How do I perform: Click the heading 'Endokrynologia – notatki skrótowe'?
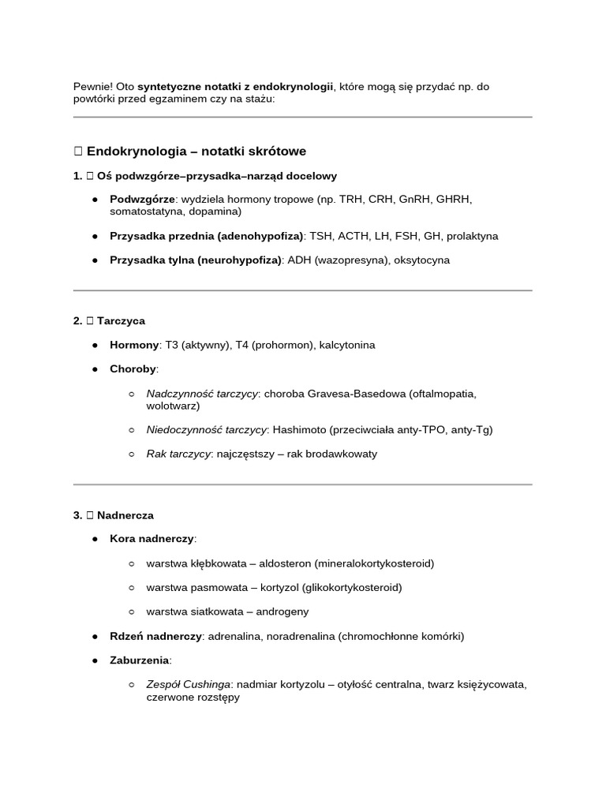(196, 151)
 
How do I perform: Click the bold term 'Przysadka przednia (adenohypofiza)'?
(207, 236)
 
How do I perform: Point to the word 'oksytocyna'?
(423, 260)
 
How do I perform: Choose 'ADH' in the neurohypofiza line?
(299, 260)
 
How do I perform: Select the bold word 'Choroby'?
(133, 369)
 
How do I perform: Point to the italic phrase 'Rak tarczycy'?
(178, 454)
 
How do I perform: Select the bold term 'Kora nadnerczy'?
(151, 539)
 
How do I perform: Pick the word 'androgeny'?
(282, 612)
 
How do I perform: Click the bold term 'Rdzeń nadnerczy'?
(155, 636)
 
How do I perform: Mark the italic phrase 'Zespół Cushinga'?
(189, 685)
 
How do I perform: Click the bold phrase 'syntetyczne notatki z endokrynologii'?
(235, 86)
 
